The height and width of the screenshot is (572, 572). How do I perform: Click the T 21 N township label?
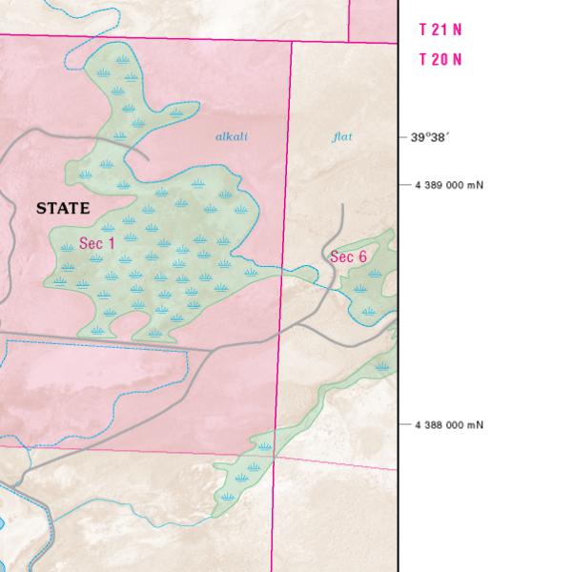pyautogui.click(x=440, y=30)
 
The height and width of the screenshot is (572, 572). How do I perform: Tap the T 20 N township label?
pyautogui.click(x=440, y=59)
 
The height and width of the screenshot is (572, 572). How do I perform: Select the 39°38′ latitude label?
pyautogui.click(x=430, y=137)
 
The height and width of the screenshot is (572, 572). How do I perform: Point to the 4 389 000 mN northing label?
pyautogui.click(x=449, y=184)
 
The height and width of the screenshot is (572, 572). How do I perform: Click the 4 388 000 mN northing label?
pyautogui.click(x=449, y=424)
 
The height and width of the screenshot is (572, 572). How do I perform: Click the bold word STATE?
pyautogui.click(x=63, y=208)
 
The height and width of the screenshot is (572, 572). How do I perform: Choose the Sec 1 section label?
pyautogui.click(x=96, y=243)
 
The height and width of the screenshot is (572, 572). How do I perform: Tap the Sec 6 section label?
pyautogui.click(x=348, y=256)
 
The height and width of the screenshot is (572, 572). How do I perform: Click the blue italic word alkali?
pyautogui.click(x=232, y=137)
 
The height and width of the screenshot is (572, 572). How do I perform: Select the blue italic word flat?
pyautogui.click(x=342, y=137)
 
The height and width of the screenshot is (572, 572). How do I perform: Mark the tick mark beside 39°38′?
pyautogui.click(x=402, y=137)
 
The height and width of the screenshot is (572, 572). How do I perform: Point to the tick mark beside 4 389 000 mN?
pyautogui.click(x=402, y=184)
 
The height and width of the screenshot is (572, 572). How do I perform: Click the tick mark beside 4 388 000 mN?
pyautogui.click(x=402, y=424)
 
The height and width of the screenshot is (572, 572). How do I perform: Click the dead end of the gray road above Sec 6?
pyautogui.click(x=342, y=204)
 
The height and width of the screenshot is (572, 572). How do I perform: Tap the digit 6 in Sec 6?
pyautogui.click(x=362, y=256)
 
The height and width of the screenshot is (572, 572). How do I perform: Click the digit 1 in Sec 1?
pyautogui.click(x=111, y=243)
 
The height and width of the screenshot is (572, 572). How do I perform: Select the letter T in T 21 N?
pyautogui.click(x=423, y=30)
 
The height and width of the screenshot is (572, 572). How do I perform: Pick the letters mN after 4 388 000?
pyautogui.click(x=476, y=424)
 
